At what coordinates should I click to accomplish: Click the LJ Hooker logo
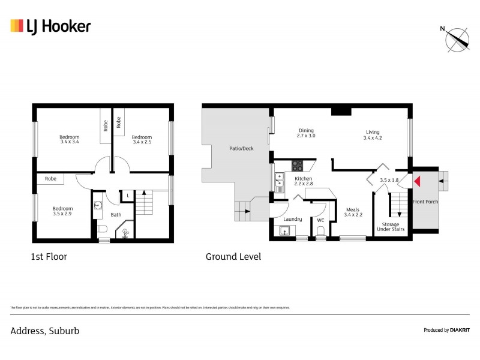click(50, 26)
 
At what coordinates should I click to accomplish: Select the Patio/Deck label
click(241, 148)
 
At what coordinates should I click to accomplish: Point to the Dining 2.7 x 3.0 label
click(306, 134)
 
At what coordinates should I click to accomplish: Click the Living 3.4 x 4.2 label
click(372, 136)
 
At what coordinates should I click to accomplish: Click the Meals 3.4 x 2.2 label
click(353, 212)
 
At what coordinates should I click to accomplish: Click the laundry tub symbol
click(285, 232)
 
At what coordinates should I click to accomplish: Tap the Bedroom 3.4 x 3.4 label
click(70, 139)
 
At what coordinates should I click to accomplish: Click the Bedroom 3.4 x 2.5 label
click(142, 139)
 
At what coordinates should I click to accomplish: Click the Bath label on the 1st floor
click(116, 214)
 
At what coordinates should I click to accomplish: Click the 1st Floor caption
click(49, 257)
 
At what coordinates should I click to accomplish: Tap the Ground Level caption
click(233, 257)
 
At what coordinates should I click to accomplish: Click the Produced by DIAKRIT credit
click(446, 330)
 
